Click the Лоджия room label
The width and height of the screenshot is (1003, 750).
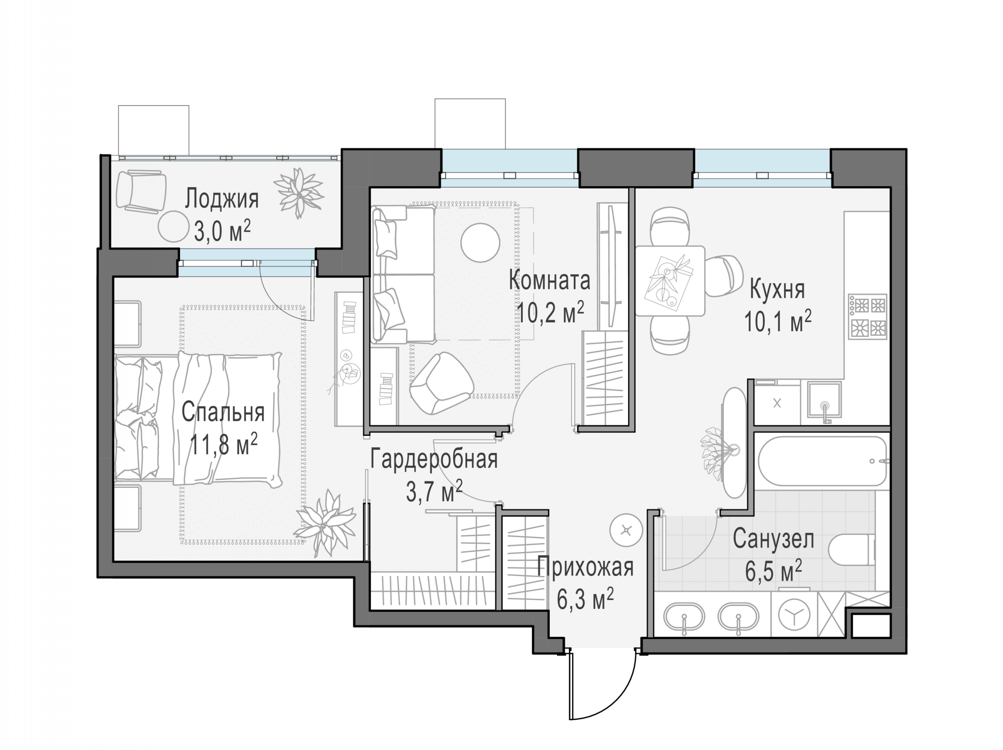click(221, 199)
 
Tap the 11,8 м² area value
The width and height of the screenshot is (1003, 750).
click(223, 444)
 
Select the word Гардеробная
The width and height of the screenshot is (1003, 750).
click(434, 459)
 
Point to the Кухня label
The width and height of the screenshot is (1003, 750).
click(777, 290)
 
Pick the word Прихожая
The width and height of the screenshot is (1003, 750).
click(585, 567)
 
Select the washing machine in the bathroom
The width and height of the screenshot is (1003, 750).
click(794, 615)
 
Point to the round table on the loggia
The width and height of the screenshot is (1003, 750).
click(173, 226)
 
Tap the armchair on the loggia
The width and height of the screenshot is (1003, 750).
click(140, 190)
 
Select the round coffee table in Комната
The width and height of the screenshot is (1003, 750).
click(480, 243)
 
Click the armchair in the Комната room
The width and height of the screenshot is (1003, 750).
click(441, 383)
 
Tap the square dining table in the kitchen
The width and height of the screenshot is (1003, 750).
click(670, 281)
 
